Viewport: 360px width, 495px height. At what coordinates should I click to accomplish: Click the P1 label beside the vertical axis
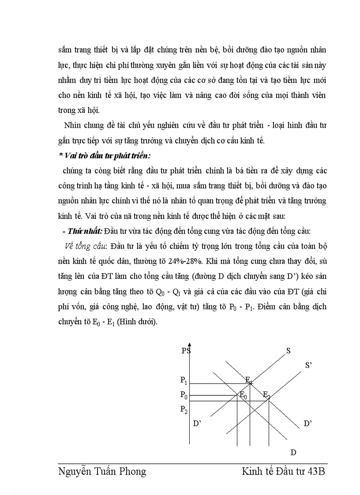184,380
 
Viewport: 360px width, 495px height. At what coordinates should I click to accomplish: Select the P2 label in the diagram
184,409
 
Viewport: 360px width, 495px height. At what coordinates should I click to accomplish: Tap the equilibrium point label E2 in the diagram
266,395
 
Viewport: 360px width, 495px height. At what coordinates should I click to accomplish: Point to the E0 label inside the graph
243,395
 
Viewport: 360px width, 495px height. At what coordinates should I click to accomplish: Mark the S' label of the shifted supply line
309,365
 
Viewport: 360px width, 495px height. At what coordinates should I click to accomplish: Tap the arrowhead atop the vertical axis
189,345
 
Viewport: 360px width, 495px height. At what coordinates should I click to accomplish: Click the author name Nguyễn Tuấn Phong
102,472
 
